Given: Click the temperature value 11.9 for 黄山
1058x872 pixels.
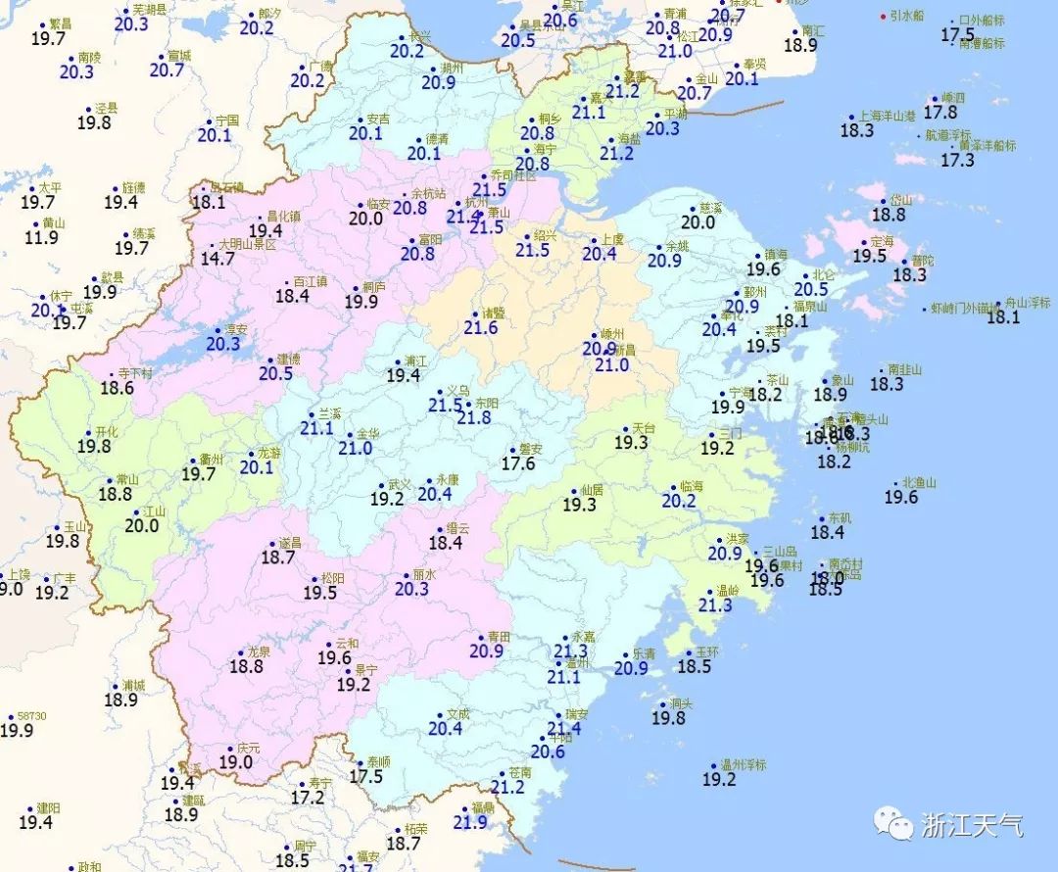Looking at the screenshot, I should [x=41, y=238].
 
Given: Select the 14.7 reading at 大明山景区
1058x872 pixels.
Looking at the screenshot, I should [x=216, y=260].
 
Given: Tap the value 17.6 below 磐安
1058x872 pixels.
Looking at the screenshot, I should [x=518, y=463].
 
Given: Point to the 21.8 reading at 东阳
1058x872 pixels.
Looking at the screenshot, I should [x=473, y=418].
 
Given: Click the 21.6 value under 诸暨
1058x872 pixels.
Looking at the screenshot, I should [x=480, y=328].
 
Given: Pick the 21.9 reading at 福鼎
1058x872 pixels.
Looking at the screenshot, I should [x=470, y=823].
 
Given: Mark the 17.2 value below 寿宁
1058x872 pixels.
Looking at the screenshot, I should [x=307, y=799].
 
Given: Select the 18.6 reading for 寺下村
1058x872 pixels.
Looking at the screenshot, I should [x=117, y=389].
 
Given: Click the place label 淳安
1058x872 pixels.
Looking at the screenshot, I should [x=236, y=329].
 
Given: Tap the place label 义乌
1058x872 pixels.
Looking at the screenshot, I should [x=457, y=389].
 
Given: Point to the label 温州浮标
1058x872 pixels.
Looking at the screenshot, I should [x=743, y=764].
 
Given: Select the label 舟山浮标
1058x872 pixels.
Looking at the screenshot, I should [x=1018, y=305].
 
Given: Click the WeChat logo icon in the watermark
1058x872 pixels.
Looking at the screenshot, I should [x=893, y=825].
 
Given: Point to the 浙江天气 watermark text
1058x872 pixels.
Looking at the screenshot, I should [x=972, y=825].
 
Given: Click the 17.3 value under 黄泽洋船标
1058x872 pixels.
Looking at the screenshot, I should [x=958, y=161].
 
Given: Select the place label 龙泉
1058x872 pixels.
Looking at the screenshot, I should [x=259, y=652].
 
